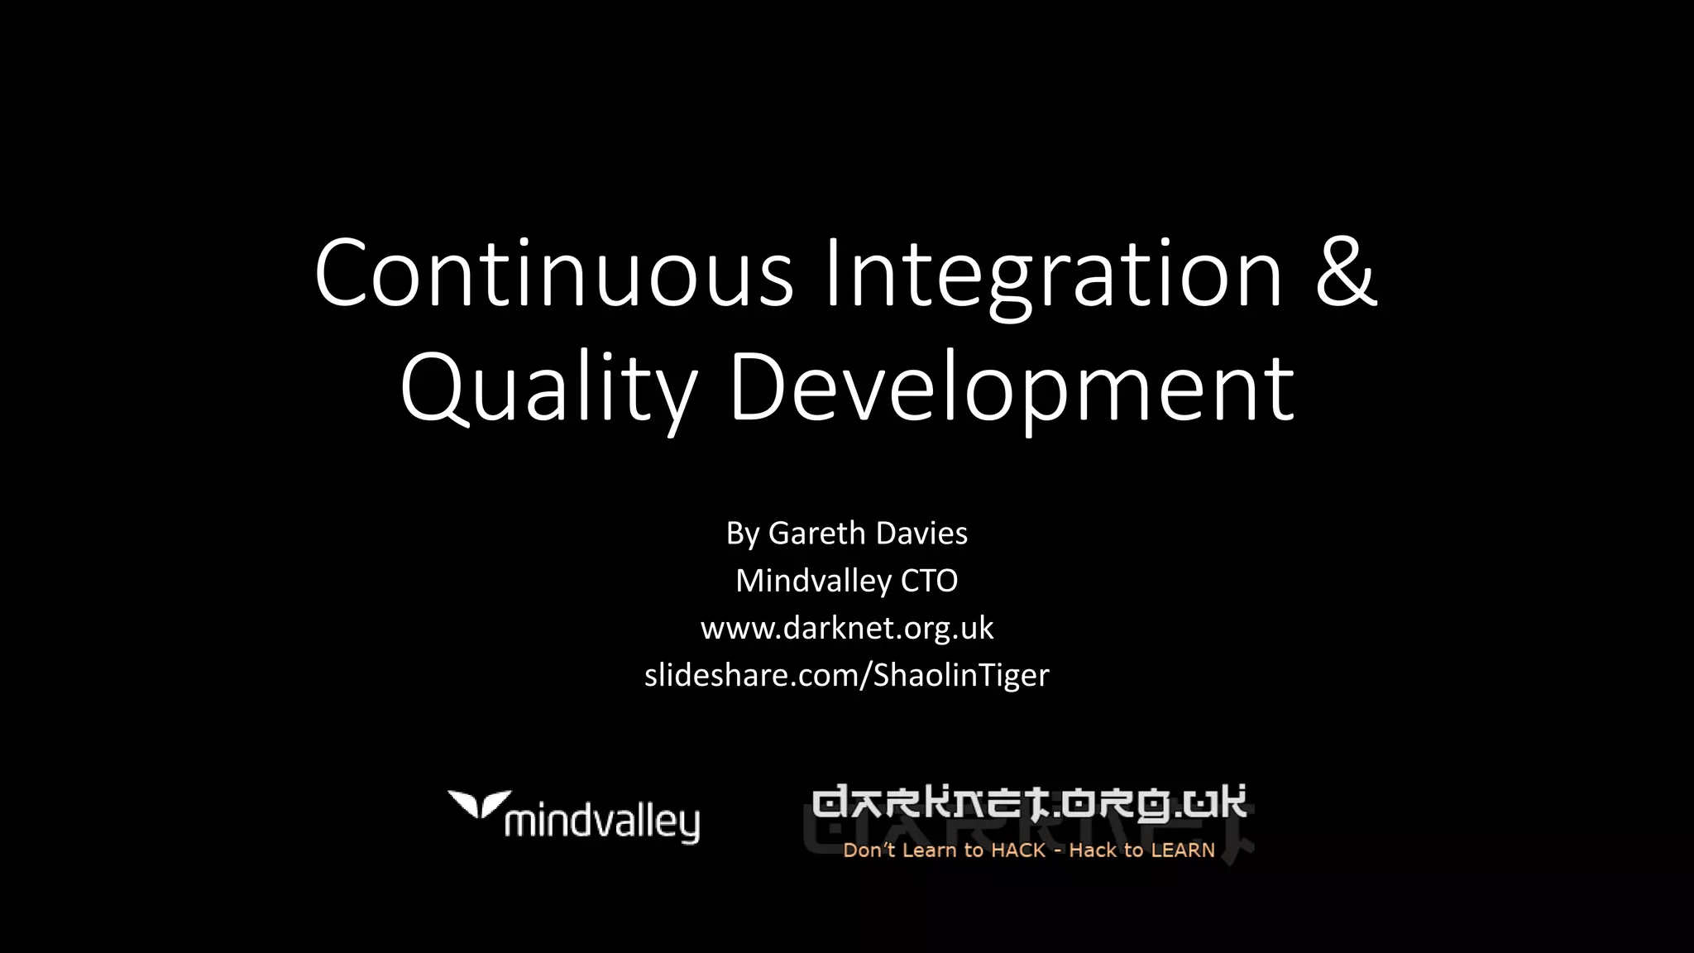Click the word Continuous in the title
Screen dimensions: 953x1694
click(x=553, y=273)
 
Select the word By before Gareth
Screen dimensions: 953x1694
click(x=742, y=534)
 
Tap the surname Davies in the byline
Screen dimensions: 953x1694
click(x=922, y=534)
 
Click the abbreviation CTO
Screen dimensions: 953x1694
click(x=929, y=581)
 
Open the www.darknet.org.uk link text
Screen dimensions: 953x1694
click(x=847, y=628)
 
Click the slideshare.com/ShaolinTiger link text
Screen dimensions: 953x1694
click(x=847, y=675)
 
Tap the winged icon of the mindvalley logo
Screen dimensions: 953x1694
click(x=479, y=803)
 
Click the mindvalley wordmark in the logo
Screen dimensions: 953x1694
click(x=601, y=823)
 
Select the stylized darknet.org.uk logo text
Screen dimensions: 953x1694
click(x=1029, y=803)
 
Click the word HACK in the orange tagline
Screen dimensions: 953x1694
click(x=1018, y=850)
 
